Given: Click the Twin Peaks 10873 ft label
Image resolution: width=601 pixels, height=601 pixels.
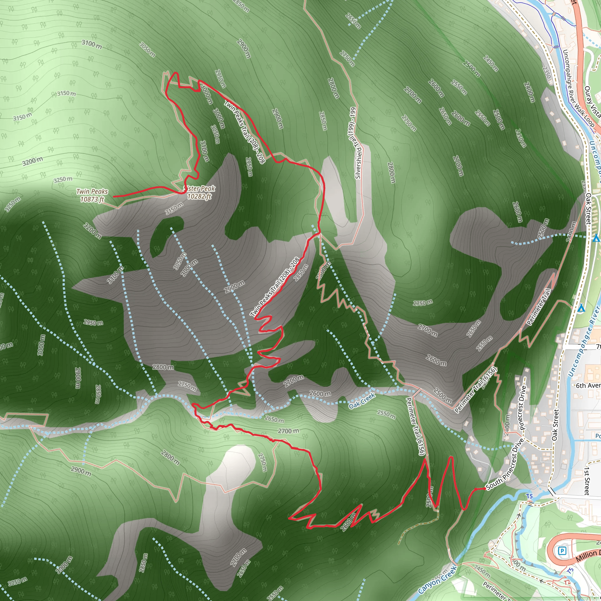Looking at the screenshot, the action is [92, 195].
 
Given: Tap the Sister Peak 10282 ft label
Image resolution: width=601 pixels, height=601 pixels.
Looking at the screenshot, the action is [199, 192].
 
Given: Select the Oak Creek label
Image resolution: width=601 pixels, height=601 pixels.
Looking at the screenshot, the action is [362, 401].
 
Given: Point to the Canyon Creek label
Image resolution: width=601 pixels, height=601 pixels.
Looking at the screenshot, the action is [437, 578].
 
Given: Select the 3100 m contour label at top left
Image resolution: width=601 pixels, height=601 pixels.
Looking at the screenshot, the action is [92, 44].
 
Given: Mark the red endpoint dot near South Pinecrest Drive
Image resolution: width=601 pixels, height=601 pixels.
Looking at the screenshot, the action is [485, 489].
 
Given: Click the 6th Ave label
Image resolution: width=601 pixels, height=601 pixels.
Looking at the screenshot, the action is [588, 385].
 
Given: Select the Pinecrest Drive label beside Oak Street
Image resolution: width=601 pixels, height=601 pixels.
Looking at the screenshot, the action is [523, 408].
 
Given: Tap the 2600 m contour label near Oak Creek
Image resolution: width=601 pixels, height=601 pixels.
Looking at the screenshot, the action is [320, 394].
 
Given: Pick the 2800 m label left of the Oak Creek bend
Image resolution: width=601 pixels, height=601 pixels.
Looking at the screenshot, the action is [163, 367].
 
